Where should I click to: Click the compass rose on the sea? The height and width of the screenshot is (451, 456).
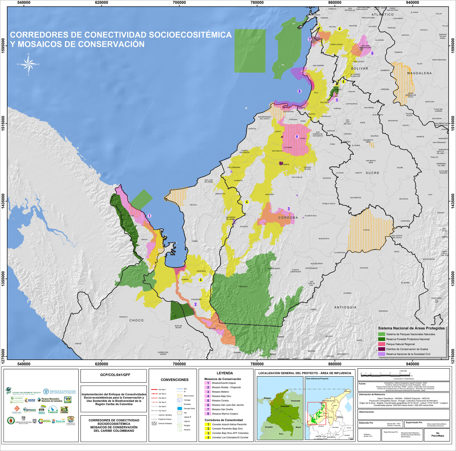(29, 64)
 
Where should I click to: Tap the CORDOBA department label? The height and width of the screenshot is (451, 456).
(288, 218)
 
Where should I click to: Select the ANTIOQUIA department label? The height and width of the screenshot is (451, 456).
(345, 307)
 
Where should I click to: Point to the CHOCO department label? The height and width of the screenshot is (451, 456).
(136, 320)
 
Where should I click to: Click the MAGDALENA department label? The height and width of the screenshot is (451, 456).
(419, 73)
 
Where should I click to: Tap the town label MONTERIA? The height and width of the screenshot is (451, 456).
(269, 194)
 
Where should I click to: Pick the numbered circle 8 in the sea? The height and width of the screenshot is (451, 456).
(299, 91)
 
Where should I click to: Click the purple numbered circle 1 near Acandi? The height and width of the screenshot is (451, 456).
(149, 216)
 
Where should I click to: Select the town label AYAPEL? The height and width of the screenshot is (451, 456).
(366, 230)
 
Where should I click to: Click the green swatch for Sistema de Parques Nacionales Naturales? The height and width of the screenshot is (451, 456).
(382, 334)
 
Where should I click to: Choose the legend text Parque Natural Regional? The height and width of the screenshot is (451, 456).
(400, 344)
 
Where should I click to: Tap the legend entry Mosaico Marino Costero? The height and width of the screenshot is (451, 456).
(225, 414)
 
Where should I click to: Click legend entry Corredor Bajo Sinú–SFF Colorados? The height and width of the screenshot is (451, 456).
(230, 433)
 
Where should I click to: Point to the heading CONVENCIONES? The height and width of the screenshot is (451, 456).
(174, 380)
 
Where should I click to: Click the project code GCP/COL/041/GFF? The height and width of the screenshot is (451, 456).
(113, 375)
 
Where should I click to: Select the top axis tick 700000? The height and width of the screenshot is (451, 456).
(179, 3)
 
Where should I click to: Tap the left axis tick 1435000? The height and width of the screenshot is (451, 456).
(3, 201)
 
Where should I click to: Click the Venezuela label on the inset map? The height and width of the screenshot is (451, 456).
(295, 401)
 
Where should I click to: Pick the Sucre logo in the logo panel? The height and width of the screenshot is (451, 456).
(60, 421)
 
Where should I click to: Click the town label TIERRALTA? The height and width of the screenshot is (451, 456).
(243, 286)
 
